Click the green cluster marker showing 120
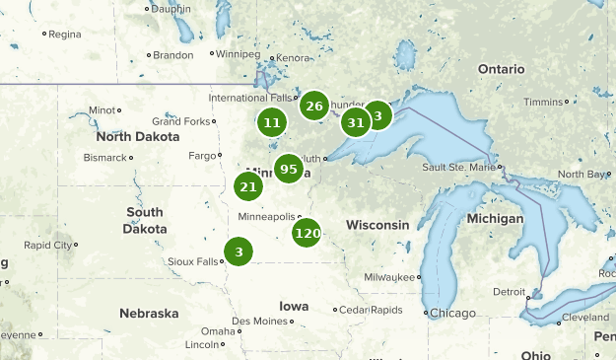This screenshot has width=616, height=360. pos(308,234)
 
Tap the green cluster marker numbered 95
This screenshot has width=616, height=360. pos(288,169)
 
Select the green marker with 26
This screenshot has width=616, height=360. pos(314,107)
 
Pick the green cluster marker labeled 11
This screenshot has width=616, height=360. pos(272,123)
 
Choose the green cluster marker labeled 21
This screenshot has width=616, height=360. pos(248,186)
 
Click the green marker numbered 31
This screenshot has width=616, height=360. pos(356,122)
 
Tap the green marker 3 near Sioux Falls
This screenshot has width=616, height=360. pos(238,252)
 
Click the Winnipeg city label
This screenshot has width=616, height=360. pos(237,53)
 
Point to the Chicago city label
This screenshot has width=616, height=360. pos(451,313)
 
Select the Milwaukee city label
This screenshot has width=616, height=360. pos(389,278)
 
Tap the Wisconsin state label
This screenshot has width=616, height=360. pos(377,225)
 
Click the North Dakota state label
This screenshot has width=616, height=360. pos(137,136)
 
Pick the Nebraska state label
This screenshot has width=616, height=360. pos(149,314)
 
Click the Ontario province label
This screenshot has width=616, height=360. pos(502,69)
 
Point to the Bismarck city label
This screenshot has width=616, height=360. pos(105,158)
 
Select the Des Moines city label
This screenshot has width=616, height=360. pos(260,322)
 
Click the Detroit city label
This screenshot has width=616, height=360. pos(510,292)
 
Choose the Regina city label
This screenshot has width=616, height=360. pos(65,34)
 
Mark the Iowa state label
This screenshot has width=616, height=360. pos(294,306)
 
